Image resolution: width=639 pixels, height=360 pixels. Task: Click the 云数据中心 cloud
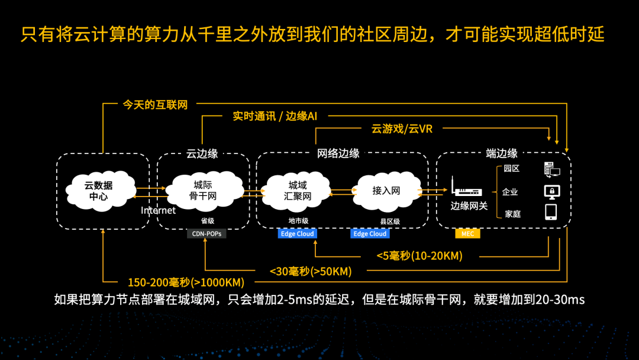[98, 190]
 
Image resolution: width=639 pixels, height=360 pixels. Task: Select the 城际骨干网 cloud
[204, 189]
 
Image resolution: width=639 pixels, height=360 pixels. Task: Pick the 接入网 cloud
[386, 190]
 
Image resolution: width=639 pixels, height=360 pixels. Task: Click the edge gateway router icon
[466, 189]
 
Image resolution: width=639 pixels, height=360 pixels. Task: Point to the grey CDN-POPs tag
[206, 234]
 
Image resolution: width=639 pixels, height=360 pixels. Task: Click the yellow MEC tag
[467, 234]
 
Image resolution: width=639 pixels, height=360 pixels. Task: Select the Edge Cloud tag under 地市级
[297, 234]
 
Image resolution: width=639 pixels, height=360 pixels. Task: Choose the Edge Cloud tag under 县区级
[370, 234]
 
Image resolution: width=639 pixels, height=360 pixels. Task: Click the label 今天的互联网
[155, 105]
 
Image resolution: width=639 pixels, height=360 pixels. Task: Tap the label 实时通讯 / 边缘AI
[275, 116]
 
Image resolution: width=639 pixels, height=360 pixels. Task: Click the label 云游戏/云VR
[402, 128]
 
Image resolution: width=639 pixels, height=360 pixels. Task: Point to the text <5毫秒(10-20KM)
[419, 256]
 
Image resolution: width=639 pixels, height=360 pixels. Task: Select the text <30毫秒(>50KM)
[310, 271]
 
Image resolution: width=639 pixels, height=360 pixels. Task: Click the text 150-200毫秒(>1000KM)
[186, 282]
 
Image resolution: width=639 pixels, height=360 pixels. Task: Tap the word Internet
[158, 210]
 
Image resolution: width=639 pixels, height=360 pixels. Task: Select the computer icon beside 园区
[551, 170]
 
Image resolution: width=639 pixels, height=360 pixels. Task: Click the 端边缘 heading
[502, 153]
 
